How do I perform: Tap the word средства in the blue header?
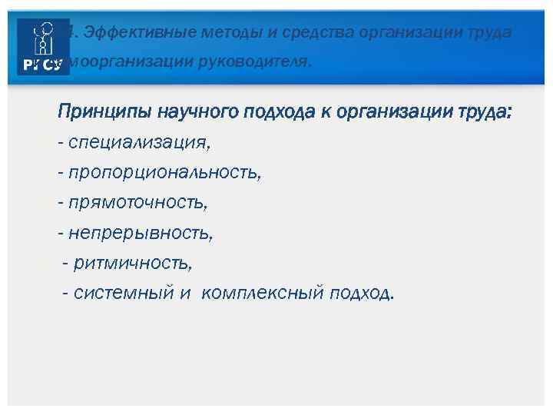point(298,32)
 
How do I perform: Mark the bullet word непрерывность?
point(141,234)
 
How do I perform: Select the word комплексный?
point(263,294)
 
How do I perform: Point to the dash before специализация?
point(61,143)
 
